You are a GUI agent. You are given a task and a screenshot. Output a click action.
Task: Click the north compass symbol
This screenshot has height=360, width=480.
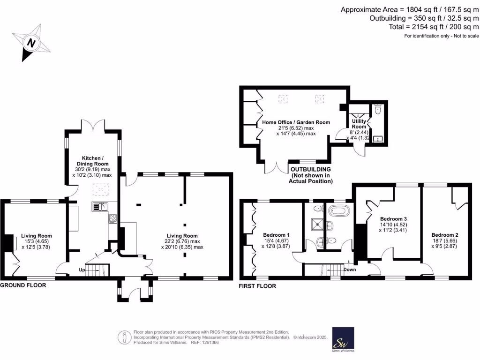(x=31, y=43)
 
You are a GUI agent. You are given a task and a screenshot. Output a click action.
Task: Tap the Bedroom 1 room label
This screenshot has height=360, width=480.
(x=276, y=235)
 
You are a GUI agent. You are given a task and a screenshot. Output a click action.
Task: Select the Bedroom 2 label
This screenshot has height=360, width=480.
(x=444, y=235)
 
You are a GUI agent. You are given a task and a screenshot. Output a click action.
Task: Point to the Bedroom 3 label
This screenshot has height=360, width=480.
(x=393, y=219)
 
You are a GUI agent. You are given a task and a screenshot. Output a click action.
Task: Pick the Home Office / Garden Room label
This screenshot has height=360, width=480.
(x=296, y=122)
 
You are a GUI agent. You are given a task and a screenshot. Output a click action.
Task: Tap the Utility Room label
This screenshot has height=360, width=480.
(x=359, y=124)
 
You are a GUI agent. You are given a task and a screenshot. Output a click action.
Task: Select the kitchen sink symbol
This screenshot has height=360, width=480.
(x=100, y=206)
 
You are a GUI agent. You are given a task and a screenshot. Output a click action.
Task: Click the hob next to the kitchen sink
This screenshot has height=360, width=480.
(x=112, y=218)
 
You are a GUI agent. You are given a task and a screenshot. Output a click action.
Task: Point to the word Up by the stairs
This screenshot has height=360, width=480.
(x=82, y=270)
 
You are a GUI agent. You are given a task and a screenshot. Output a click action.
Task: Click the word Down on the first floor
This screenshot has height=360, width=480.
(x=350, y=270)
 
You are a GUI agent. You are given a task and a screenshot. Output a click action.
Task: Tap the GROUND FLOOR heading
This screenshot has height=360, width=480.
(x=23, y=285)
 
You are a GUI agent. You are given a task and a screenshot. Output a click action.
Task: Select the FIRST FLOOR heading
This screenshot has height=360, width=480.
(x=257, y=286)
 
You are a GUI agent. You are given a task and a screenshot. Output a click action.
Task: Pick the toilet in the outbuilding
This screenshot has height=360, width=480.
(x=378, y=110)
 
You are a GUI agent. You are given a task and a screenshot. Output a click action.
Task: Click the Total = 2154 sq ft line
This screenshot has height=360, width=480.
(x=434, y=27)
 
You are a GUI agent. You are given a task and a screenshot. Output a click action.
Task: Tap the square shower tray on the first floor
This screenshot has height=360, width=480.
(x=318, y=224)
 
